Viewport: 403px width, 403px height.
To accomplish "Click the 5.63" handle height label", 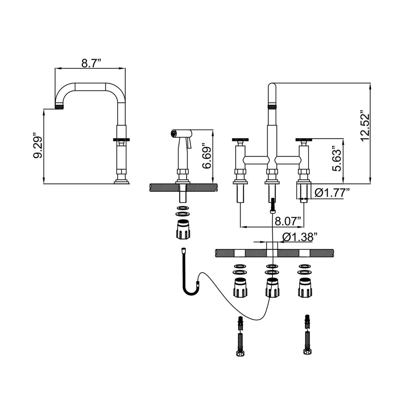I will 336,159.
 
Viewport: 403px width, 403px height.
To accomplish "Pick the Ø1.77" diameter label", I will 333,193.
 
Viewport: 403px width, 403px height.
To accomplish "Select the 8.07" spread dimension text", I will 288,221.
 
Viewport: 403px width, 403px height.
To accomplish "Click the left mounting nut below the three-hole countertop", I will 240,287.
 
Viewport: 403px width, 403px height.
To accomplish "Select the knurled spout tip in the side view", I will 59,107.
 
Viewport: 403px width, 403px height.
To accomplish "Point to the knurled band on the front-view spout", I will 272,106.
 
